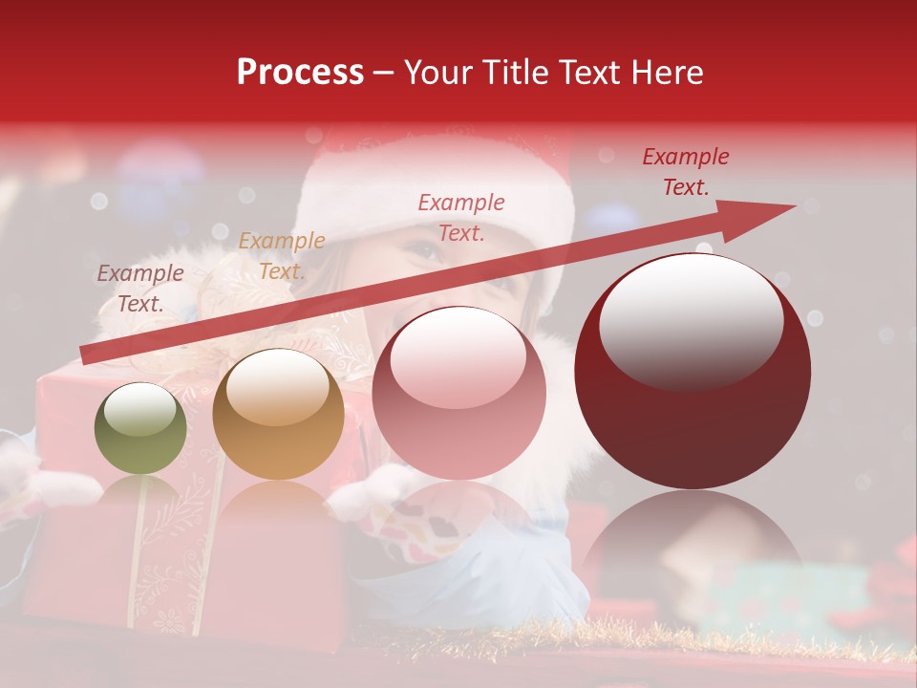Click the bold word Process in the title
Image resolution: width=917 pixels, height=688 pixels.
tap(300, 73)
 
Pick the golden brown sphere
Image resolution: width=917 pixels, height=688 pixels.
tap(278, 415)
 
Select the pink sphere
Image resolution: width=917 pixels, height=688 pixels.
tap(458, 393)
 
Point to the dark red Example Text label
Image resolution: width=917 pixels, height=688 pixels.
tap(685, 172)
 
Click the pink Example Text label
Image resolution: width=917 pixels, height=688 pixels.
tap(461, 217)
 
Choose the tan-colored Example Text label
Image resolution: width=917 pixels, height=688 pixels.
tap(282, 255)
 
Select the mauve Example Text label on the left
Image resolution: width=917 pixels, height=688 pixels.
tap(140, 288)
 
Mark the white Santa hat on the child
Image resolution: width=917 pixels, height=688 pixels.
tap(430, 191)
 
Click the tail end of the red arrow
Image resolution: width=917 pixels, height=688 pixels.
tap(86, 355)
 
